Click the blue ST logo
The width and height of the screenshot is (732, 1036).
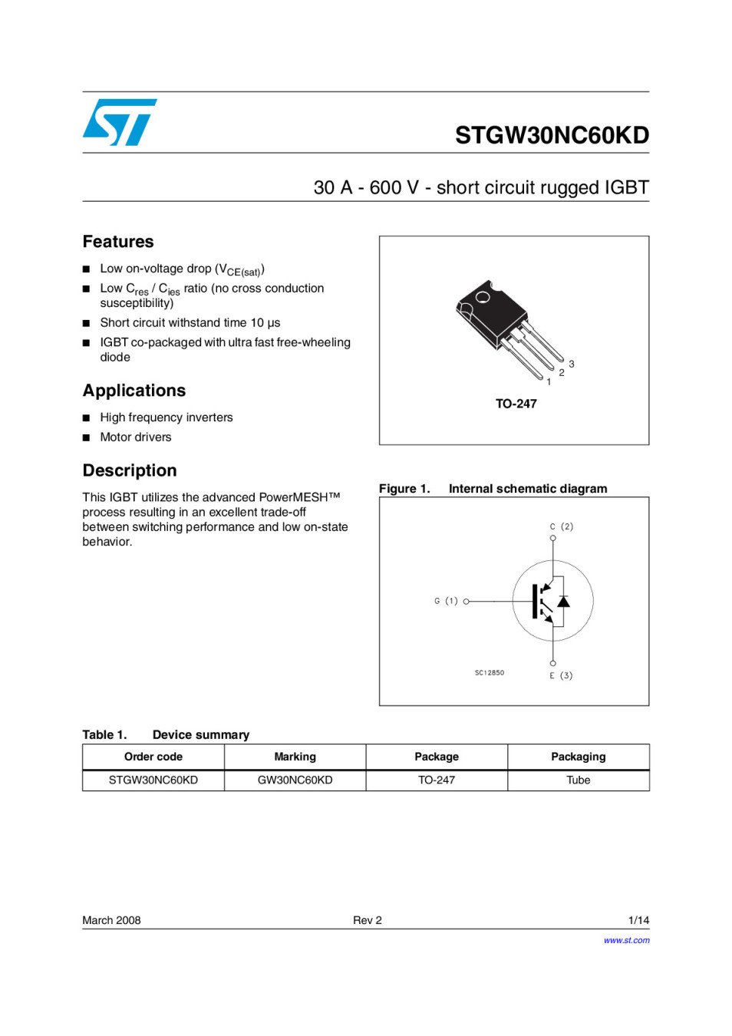(119, 122)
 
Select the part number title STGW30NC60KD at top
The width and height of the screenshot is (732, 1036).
(552, 135)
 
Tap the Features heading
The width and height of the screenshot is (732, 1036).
(118, 242)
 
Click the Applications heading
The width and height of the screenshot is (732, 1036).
(134, 391)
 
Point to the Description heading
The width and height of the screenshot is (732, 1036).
(130, 470)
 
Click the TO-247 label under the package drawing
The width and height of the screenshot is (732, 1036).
(516, 404)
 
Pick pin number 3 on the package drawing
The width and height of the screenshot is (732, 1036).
(572, 364)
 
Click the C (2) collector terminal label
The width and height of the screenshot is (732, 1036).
(562, 526)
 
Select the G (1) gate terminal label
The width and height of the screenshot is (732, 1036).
(446, 601)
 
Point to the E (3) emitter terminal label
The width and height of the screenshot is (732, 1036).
(561, 675)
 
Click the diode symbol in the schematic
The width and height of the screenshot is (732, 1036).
(563, 601)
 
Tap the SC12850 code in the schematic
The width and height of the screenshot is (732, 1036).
(490, 673)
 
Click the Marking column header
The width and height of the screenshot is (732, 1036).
(295, 757)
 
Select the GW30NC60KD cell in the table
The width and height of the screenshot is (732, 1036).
(295, 780)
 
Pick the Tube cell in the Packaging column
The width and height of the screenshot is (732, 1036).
(578, 780)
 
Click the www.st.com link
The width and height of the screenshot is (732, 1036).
(626, 940)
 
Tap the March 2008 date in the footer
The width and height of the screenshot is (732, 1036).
(112, 920)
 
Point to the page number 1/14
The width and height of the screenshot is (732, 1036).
(638, 920)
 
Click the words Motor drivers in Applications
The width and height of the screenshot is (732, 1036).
(136, 437)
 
